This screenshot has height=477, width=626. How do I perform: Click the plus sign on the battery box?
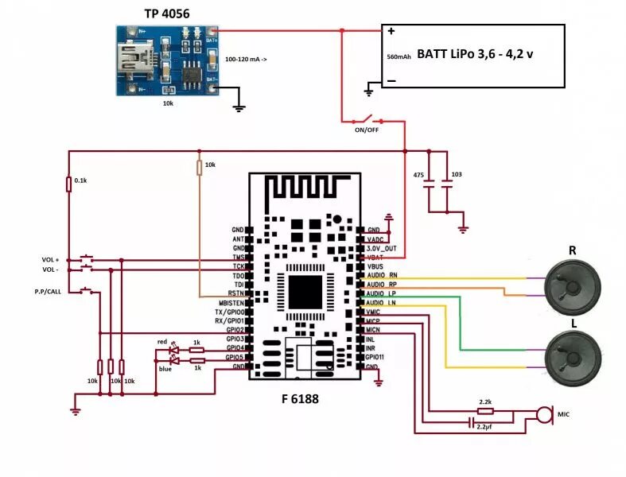click(x=391, y=33)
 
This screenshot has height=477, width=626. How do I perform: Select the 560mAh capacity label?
click(x=398, y=57)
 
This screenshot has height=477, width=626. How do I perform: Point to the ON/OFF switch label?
click(x=367, y=130)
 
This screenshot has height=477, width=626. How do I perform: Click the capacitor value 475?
click(x=418, y=174)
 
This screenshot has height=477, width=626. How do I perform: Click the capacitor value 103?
click(x=455, y=174)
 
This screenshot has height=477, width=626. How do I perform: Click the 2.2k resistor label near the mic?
click(x=484, y=402)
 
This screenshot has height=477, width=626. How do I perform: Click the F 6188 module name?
click(x=300, y=399)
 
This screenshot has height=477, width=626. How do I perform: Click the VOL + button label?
click(x=52, y=260)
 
